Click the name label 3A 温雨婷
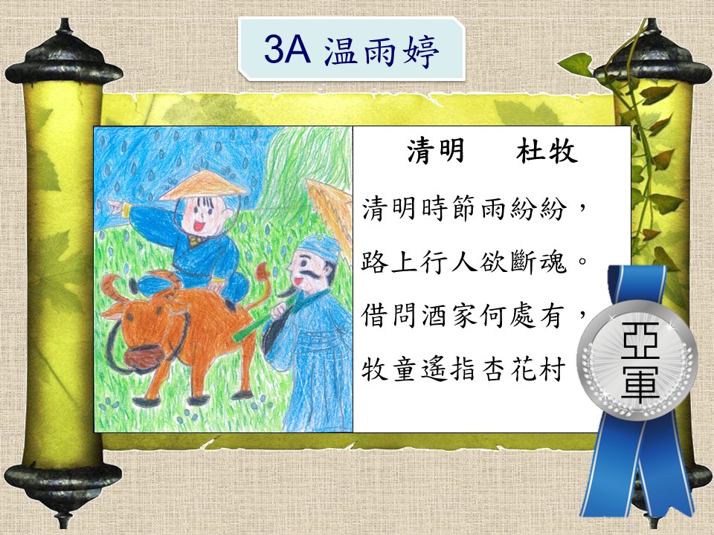tap(352, 50)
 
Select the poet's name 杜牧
tap(547, 150)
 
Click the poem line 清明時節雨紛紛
tap(464, 209)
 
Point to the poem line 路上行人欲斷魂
tap(464, 262)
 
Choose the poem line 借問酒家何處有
tap(463, 315)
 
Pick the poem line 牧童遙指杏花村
tap(463, 369)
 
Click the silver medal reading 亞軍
tap(637, 360)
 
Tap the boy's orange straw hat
tap(203, 186)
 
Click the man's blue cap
tap(319, 248)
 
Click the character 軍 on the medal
tap(640, 381)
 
